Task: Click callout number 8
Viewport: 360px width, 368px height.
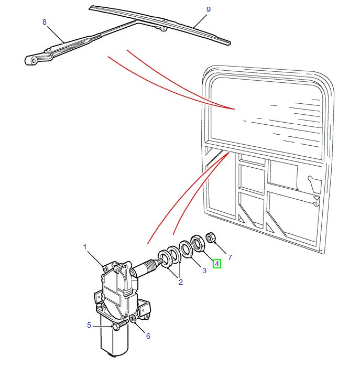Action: [x=45, y=23]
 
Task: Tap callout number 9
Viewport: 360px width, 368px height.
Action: [x=193, y=9]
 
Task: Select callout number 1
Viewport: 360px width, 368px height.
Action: [x=84, y=246]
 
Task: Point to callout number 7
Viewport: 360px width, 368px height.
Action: [x=230, y=257]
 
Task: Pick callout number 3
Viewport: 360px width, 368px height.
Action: [x=205, y=270]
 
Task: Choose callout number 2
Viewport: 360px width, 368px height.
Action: [x=180, y=283]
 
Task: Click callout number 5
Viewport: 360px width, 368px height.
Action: [x=90, y=326]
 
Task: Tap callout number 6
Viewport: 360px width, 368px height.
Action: [x=148, y=336]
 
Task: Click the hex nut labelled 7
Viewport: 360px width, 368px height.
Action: [x=211, y=238]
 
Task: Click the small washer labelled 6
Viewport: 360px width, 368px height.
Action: [x=133, y=319]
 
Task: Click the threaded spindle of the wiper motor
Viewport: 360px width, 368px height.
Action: [x=149, y=264]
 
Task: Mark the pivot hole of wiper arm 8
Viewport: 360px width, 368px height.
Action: [x=34, y=60]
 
